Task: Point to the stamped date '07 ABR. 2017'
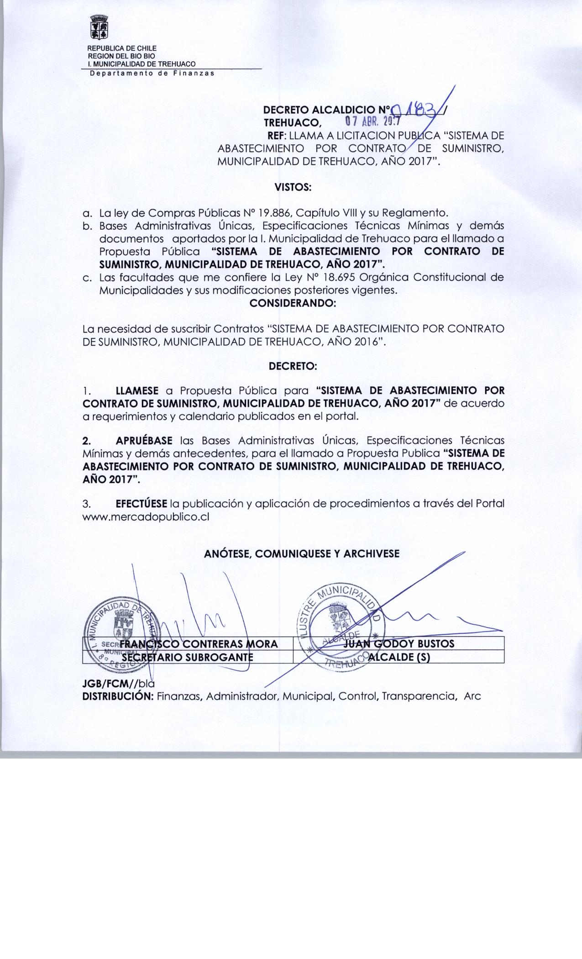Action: [x=372, y=122]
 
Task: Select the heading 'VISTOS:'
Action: [x=293, y=187]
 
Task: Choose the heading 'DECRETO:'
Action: [x=293, y=366]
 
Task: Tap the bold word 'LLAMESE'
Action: [x=137, y=391]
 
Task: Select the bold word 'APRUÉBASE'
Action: [x=144, y=441]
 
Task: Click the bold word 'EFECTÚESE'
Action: [x=141, y=504]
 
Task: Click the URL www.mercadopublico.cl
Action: [x=146, y=517]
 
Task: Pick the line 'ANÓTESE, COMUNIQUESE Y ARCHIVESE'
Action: [x=302, y=554]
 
